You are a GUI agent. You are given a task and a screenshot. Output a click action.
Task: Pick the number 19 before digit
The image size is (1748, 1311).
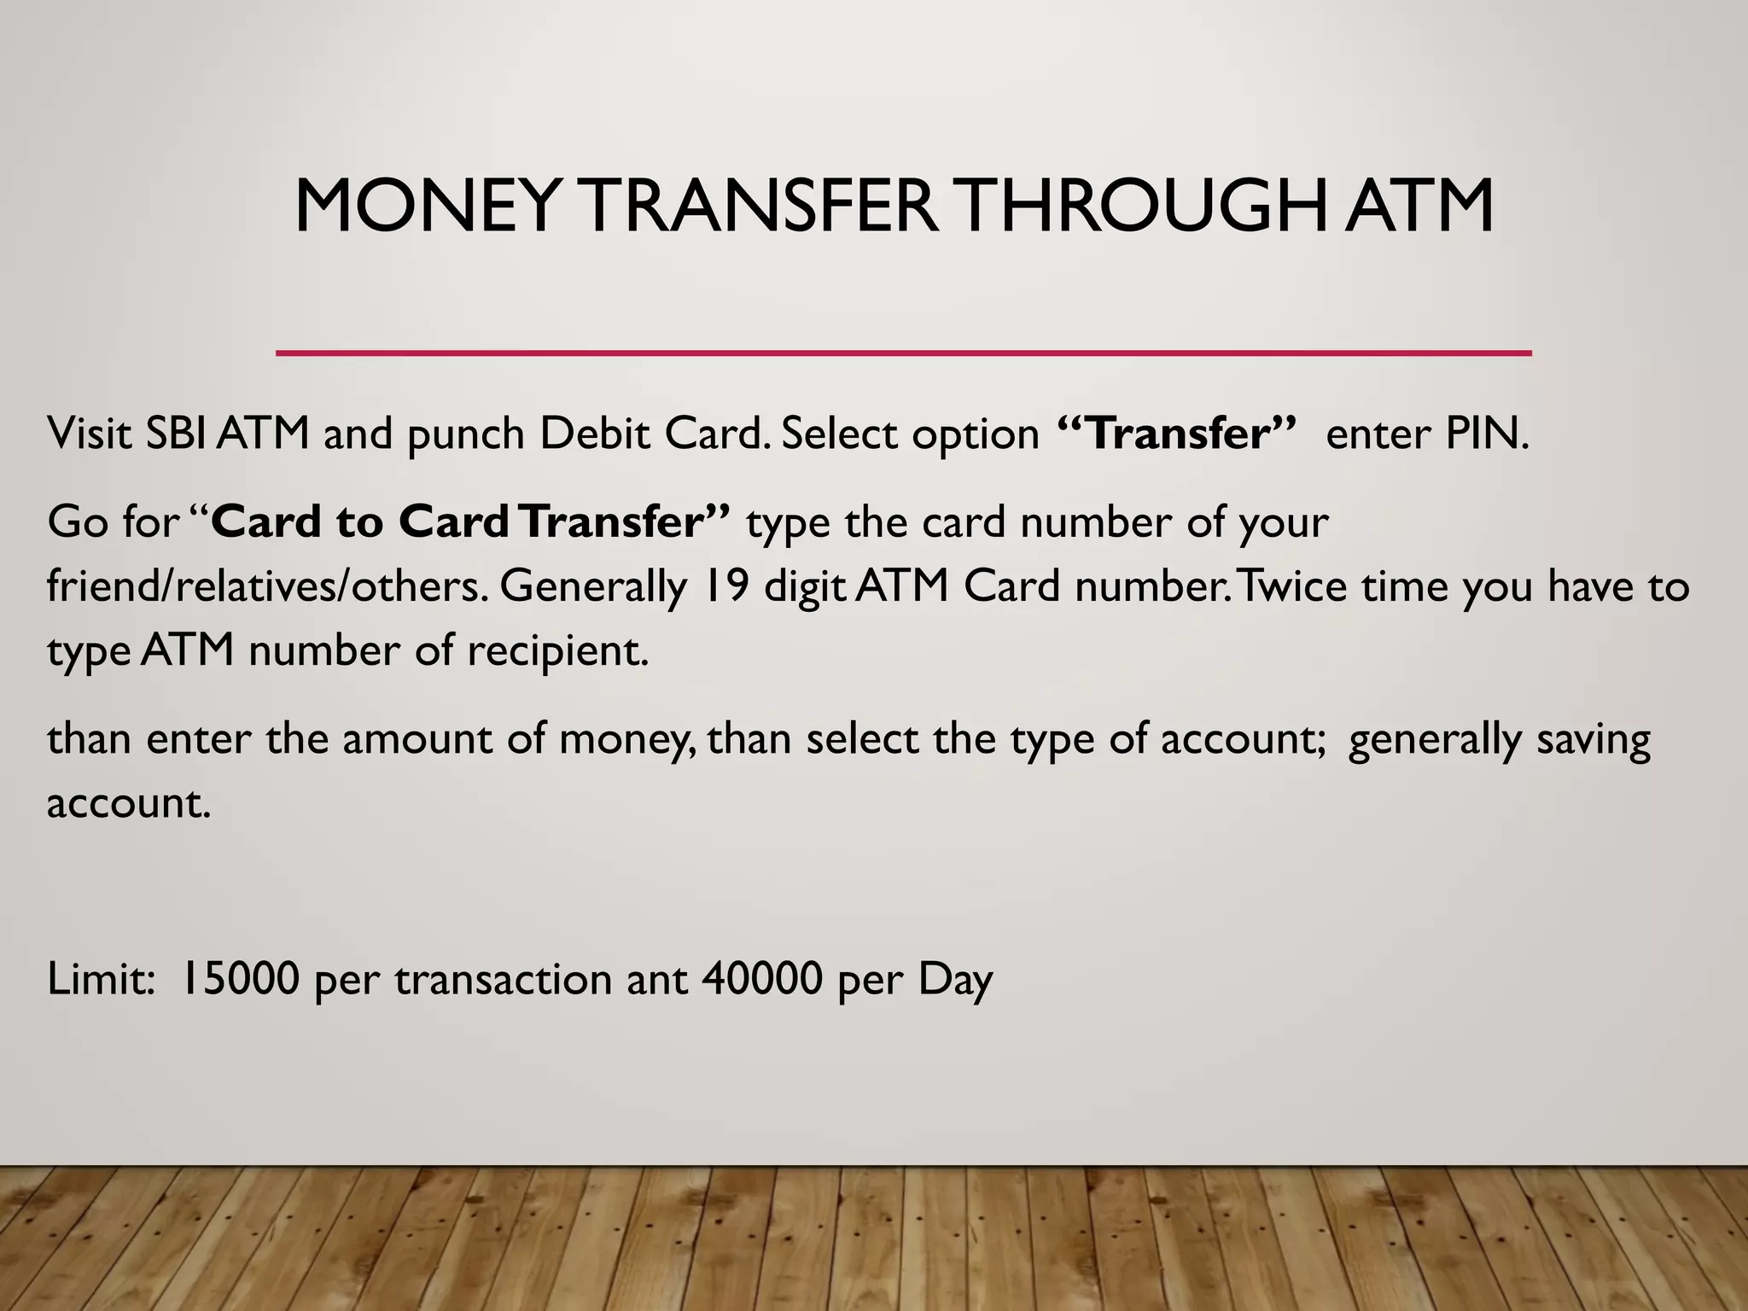tap(727, 586)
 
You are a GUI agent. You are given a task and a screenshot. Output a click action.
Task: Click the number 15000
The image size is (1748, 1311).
tap(240, 978)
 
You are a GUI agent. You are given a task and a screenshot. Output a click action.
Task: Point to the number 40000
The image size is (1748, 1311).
tap(761, 978)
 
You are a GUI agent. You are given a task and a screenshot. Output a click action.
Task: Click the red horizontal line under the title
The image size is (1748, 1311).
tap(903, 352)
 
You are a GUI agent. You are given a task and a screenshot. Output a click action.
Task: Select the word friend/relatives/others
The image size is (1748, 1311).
tap(267, 586)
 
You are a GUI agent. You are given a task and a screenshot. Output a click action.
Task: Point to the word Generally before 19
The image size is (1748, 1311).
tap(593, 588)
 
